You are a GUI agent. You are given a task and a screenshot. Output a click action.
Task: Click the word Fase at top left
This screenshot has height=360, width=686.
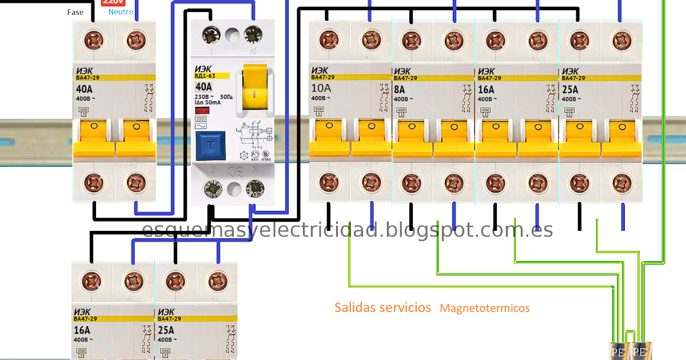[75, 12]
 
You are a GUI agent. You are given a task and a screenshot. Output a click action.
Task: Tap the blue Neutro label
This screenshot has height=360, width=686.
[121, 12]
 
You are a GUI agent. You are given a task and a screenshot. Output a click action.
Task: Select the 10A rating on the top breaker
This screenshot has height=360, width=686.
[321, 88]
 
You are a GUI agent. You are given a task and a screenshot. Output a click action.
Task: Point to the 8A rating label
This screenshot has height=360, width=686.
[399, 90]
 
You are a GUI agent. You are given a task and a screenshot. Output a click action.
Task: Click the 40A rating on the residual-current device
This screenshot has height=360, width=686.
[204, 87]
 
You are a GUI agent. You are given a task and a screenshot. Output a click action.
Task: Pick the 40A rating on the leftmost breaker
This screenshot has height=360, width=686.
[85, 90]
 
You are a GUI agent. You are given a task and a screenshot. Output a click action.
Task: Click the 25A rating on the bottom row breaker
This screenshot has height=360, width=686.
[165, 330]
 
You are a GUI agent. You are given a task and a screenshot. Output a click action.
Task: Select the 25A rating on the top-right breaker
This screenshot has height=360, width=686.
[571, 90]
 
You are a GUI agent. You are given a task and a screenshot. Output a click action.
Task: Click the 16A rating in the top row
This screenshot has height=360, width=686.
[486, 90]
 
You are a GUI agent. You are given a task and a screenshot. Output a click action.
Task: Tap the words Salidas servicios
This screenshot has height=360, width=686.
[382, 307]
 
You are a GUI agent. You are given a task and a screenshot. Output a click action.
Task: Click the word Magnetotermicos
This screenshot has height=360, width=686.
[485, 309]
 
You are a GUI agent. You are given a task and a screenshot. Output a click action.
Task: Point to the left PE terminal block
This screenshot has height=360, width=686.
[618, 351]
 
